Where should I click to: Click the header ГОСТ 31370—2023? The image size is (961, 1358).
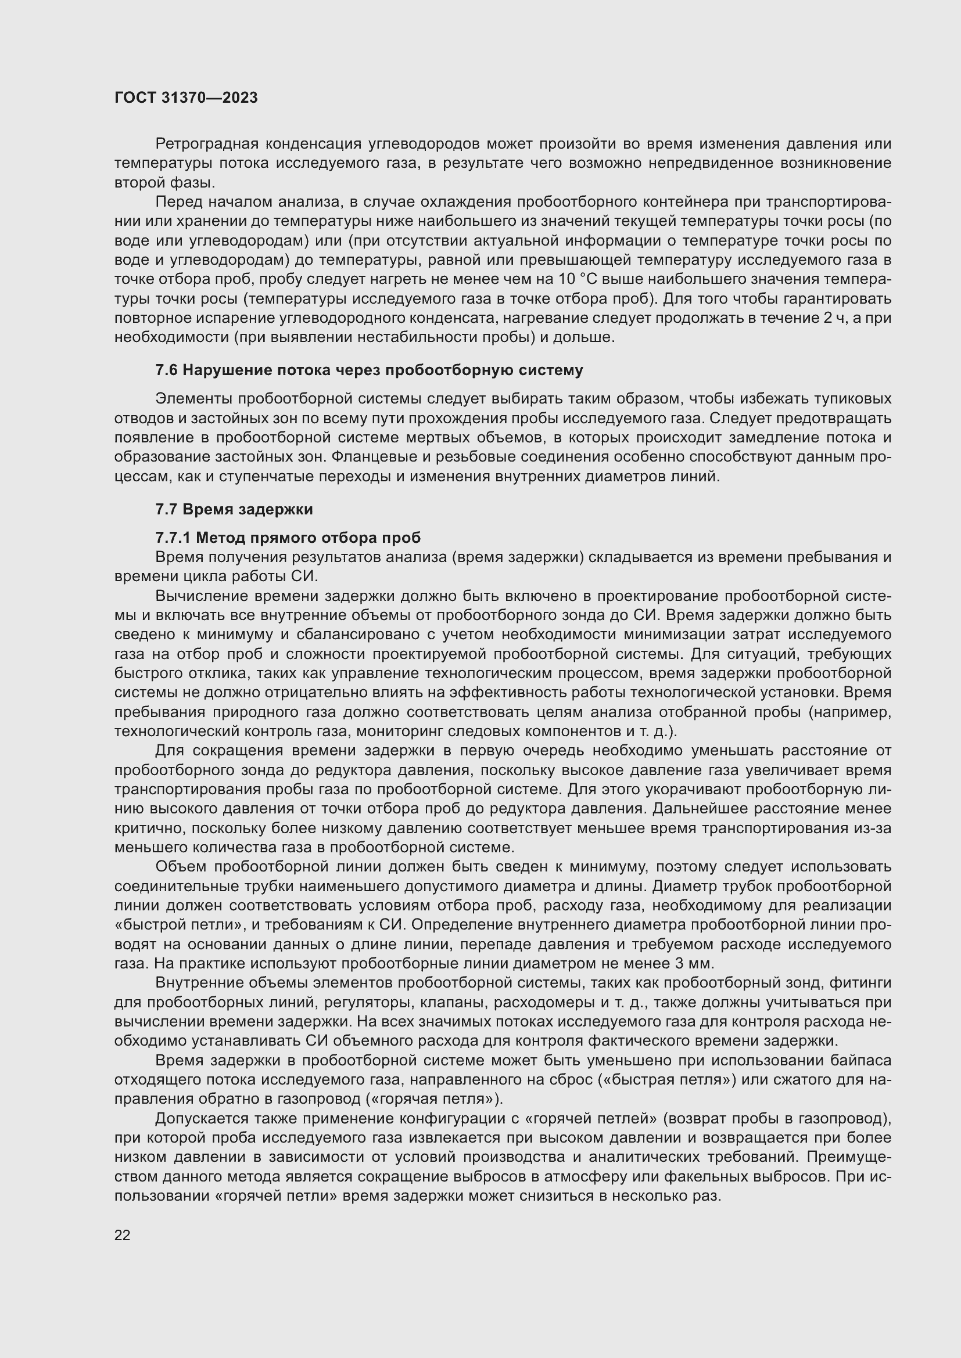pos(186,98)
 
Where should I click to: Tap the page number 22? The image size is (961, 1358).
pos(123,1235)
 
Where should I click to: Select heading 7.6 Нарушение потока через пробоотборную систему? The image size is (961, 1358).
pos(369,370)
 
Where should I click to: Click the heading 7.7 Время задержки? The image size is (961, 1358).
pos(234,509)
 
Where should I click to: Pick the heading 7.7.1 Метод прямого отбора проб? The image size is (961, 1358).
pos(288,538)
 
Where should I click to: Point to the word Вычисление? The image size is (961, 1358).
pos(195,596)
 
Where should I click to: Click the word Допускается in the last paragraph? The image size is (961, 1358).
pos(200,1118)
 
